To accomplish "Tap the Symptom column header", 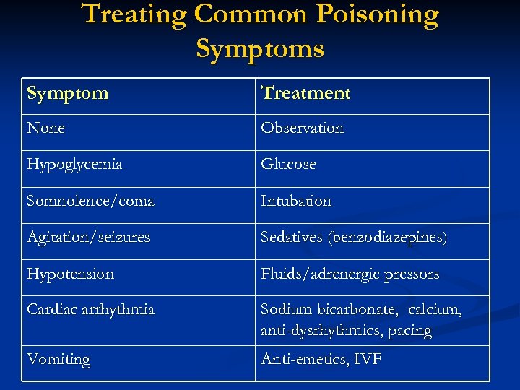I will [68, 93].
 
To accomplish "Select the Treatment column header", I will [305, 93].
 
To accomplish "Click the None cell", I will [45, 129].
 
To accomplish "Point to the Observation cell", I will [302, 129].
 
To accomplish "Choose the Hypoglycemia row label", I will [74, 165].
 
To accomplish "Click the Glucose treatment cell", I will [288, 165].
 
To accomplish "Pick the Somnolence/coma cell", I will [90, 201].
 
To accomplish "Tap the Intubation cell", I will [295, 201].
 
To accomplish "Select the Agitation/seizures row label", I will [88, 237].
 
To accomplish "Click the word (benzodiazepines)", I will [388, 237].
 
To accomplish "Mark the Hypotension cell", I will [70, 274].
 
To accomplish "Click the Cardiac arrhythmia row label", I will [90, 310].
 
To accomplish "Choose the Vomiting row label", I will [58, 360].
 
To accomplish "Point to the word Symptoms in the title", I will [260, 48].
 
